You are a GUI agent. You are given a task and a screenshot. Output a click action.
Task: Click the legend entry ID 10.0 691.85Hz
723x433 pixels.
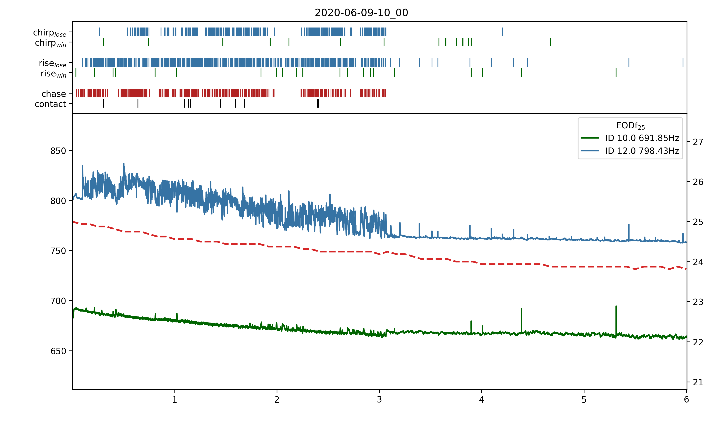click(642, 138)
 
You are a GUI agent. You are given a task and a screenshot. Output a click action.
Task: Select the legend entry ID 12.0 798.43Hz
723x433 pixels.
click(642, 151)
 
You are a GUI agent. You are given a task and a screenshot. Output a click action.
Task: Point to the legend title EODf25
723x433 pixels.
click(630, 126)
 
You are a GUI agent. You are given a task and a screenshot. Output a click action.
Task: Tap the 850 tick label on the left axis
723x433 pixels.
click(58, 151)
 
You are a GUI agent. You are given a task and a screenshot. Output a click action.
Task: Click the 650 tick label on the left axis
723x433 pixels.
click(58, 351)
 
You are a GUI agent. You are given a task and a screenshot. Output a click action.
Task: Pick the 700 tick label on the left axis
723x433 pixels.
click(58, 301)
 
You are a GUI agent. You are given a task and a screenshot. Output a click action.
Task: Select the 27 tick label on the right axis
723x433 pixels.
click(698, 142)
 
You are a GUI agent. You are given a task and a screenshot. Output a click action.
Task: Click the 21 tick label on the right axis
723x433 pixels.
click(698, 382)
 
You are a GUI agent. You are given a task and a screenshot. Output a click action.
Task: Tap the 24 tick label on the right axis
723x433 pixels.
click(698, 262)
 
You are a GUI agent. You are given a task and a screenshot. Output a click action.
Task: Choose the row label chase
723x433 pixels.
click(54, 94)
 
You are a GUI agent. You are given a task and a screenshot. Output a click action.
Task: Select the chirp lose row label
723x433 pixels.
click(50, 32)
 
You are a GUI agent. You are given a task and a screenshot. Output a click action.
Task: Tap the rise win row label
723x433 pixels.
click(53, 74)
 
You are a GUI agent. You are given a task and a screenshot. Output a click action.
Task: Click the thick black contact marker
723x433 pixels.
click(318, 103)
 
